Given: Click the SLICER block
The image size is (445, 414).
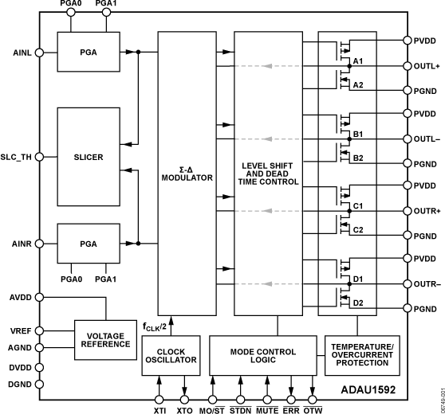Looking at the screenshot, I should tap(88, 157).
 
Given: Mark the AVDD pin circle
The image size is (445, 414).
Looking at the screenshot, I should tap(39, 297).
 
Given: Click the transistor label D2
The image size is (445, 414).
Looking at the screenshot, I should tap(358, 303).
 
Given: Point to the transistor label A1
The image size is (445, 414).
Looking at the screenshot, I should tap(358, 61).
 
